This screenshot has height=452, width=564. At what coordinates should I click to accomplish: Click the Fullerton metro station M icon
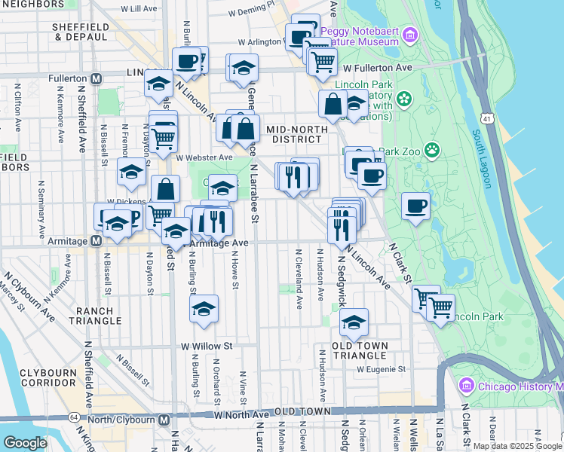96,78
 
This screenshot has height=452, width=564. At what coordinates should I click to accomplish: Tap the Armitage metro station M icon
96,241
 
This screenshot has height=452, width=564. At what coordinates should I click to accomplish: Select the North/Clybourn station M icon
164,420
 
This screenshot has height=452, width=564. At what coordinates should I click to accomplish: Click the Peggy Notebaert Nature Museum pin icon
409,35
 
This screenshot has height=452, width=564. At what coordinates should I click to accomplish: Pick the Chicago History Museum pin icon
465,386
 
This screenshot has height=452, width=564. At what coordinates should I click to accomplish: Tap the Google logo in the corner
25,443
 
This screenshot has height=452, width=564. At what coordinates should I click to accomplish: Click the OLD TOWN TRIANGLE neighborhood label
360,350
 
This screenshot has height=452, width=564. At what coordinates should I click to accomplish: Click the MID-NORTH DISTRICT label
297,133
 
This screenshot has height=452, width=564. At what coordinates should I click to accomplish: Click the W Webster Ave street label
204,157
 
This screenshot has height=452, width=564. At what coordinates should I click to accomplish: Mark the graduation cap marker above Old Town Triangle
354,322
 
